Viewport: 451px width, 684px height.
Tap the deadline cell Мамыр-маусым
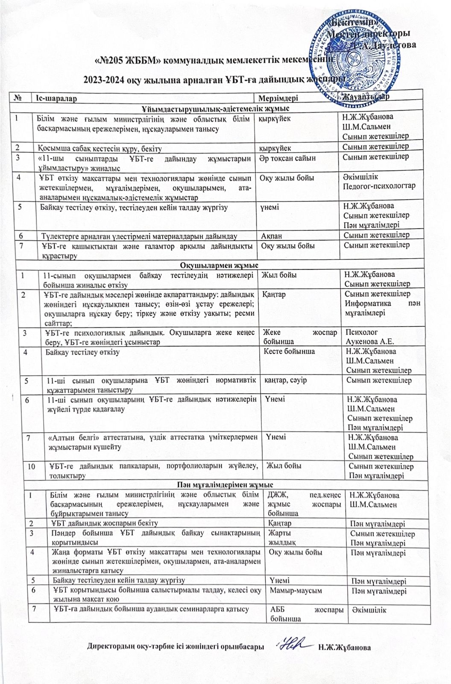pyautogui.click(x=295, y=591)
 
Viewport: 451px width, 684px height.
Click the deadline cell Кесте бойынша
pyautogui.click(x=290, y=351)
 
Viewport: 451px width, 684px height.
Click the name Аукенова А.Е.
pyautogui.click(x=370, y=341)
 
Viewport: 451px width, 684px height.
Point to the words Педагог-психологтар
pyautogui.click(x=379, y=186)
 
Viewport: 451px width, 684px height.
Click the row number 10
pyautogui.click(x=32, y=466)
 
